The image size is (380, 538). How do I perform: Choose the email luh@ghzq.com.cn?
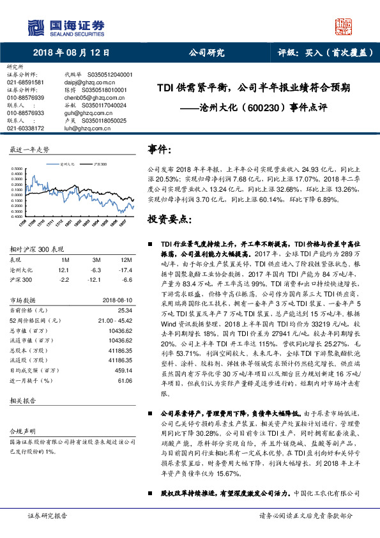point(86,128)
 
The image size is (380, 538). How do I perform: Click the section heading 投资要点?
point(171,219)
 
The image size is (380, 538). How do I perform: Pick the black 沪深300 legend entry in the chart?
point(100,164)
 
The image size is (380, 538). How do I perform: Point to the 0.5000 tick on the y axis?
point(17,170)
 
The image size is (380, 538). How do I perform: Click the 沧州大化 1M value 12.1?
point(65,270)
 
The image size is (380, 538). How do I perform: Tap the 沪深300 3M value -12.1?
point(96,279)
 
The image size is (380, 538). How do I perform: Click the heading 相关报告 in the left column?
point(22,400)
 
